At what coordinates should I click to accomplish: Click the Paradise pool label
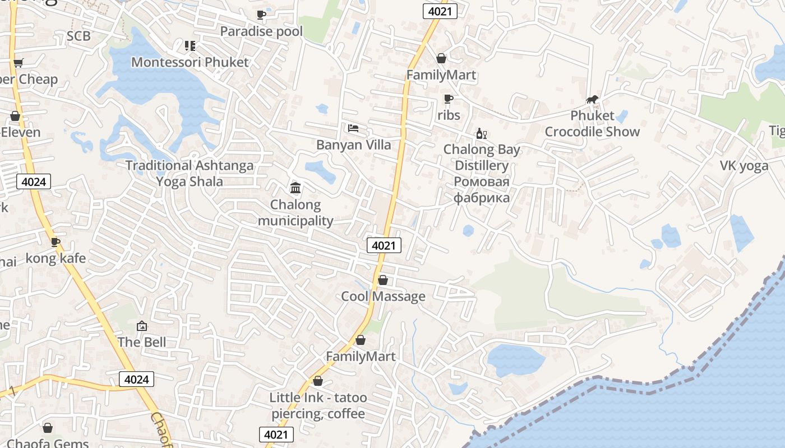[x=261, y=31]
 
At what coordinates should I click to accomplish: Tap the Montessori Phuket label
[x=190, y=62]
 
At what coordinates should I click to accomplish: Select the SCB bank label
[x=78, y=36]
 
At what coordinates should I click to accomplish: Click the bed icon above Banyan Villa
[x=353, y=128]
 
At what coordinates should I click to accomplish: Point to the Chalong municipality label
[x=295, y=213]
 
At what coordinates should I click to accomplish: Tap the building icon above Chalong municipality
[x=295, y=187]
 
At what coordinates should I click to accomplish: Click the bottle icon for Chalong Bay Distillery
[x=481, y=133]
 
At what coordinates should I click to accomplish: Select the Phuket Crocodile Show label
[x=592, y=124]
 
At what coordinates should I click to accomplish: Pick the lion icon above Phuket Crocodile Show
[x=592, y=100]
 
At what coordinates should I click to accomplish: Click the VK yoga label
[x=744, y=166]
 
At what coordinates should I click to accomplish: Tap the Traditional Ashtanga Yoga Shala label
[x=190, y=174]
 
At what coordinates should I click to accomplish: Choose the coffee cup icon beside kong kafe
[x=56, y=242]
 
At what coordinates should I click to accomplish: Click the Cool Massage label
[x=384, y=296]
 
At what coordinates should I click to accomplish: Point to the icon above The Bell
[x=142, y=325]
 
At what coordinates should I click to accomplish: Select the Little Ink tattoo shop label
[x=318, y=405]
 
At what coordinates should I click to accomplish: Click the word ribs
[x=449, y=115]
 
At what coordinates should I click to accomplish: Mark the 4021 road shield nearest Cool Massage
[x=384, y=245]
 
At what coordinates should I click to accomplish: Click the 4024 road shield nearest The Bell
[x=136, y=379]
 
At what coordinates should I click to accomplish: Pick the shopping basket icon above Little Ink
[x=318, y=381]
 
